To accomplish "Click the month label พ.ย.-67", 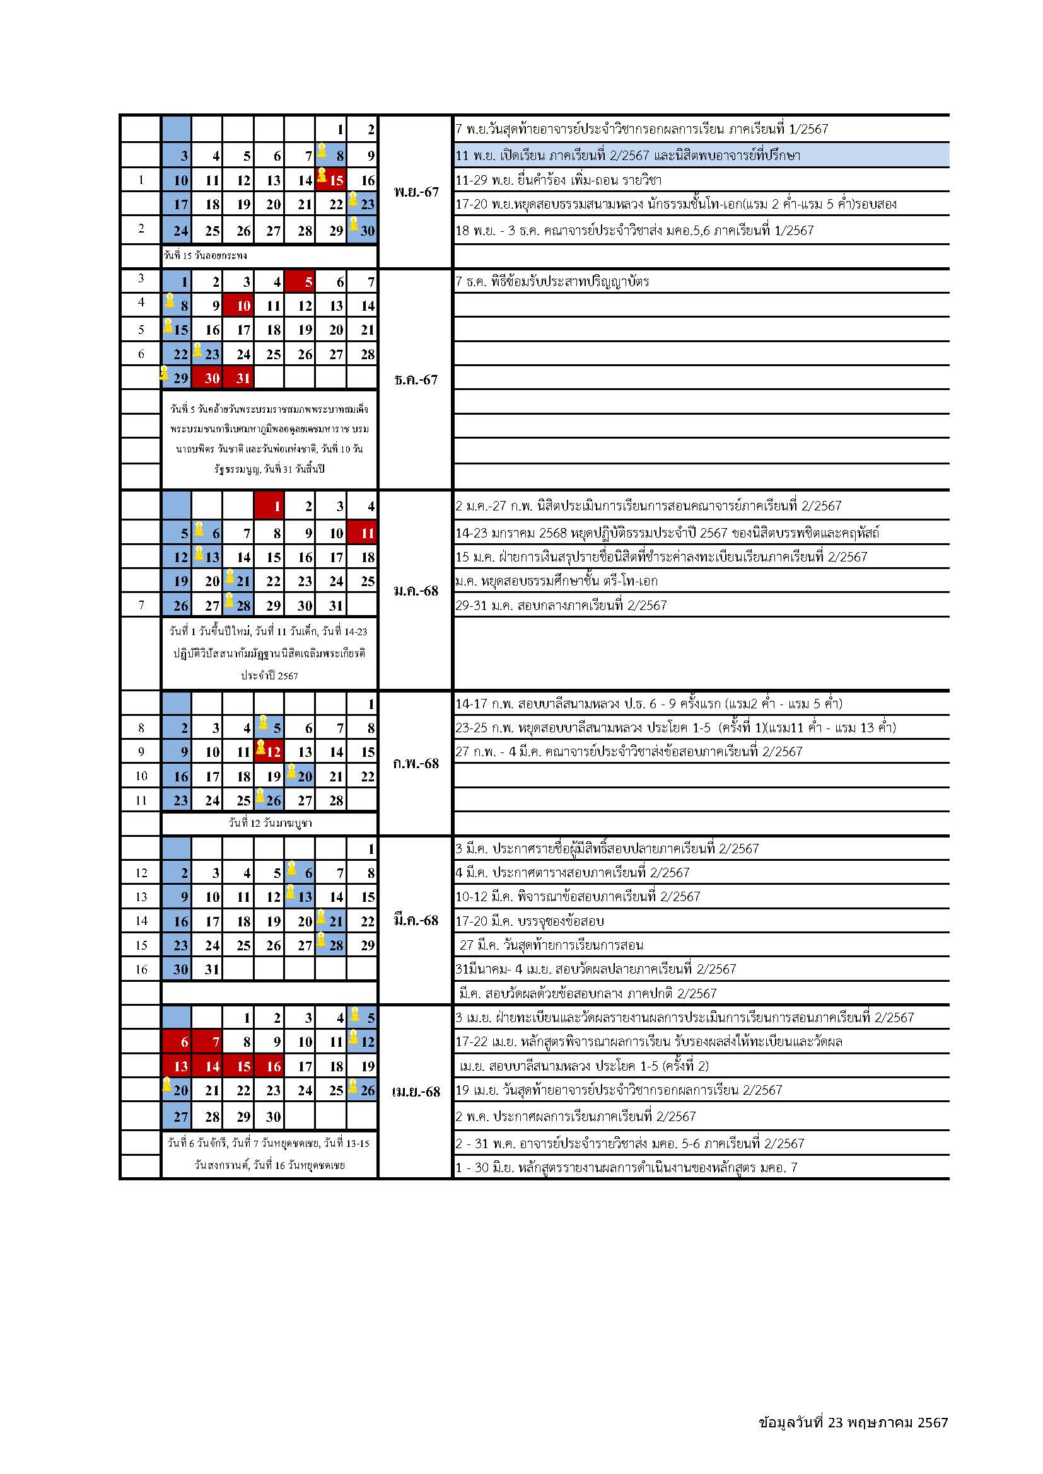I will (x=416, y=192).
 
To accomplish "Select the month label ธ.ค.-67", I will (x=416, y=379).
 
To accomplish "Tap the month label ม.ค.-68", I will (x=416, y=590).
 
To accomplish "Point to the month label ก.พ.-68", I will (x=416, y=763).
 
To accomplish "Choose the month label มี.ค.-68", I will (x=416, y=921).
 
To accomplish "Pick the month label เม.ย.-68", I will (x=416, y=1092).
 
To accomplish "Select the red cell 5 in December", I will (x=300, y=281).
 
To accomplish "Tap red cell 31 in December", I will (x=238, y=378).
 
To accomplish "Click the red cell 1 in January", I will (x=269, y=507).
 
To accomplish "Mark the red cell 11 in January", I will (x=362, y=533).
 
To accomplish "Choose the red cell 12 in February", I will (x=269, y=751).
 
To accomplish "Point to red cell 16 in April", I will (x=269, y=1066).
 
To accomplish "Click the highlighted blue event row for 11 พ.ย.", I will (x=700, y=156).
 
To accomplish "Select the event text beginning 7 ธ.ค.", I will (x=552, y=281).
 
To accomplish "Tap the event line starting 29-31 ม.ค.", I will (x=561, y=606).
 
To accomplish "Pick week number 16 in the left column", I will (x=141, y=969).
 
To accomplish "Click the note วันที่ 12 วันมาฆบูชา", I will (x=270, y=823).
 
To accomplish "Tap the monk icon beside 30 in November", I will (x=354, y=224).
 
